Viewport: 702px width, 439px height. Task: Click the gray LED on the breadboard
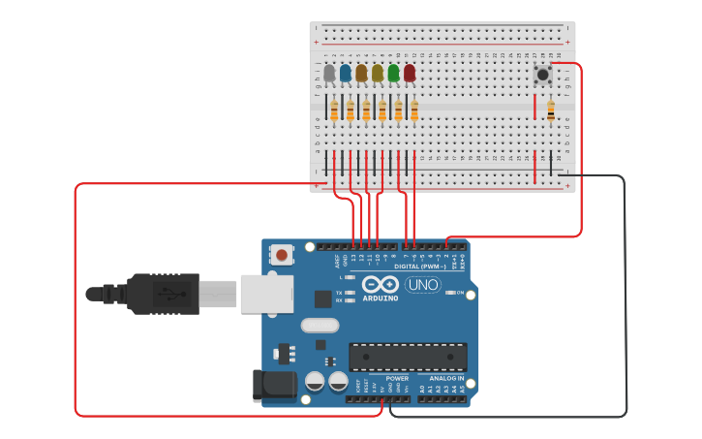click(329, 73)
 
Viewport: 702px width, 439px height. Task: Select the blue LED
click(346, 73)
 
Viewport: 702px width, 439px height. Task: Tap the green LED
click(393, 73)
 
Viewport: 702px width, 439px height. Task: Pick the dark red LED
click(410, 73)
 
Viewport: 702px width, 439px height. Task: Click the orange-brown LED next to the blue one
click(361, 73)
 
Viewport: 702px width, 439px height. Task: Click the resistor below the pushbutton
click(551, 112)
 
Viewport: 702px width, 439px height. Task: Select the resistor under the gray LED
click(334, 112)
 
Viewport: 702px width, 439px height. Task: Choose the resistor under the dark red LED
click(414, 112)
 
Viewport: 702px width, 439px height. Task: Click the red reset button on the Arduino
click(281, 255)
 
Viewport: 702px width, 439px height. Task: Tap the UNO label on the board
click(422, 285)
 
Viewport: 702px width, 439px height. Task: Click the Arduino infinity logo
click(381, 285)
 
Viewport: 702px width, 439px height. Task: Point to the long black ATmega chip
click(408, 356)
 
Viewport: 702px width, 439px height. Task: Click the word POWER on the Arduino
click(397, 378)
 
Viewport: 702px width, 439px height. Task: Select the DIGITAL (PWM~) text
click(420, 266)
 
